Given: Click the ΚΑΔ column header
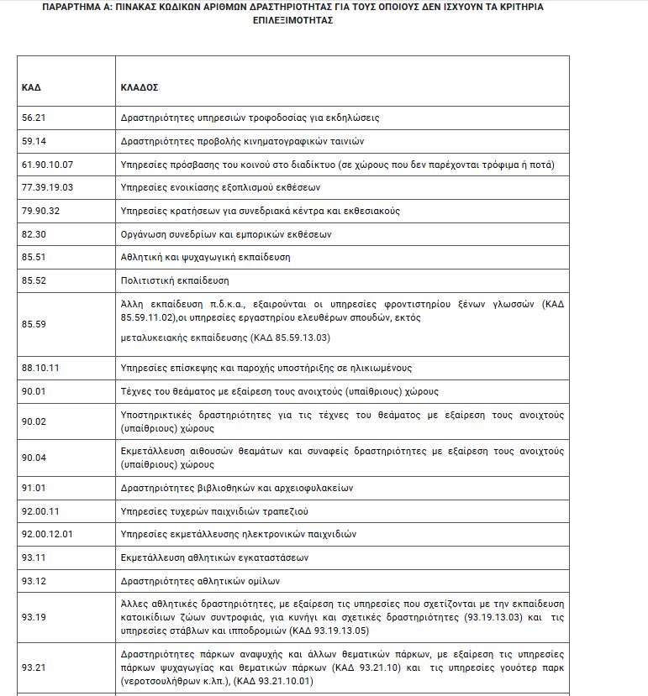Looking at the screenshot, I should (x=31, y=87).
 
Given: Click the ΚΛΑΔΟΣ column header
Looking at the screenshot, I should (x=140, y=87).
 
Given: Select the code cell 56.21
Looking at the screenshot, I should (x=34, y=118).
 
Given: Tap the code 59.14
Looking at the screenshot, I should (x=34, y=141).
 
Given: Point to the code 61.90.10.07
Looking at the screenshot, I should (x=48, y=165).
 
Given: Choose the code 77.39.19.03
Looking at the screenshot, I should (x=48, y=187).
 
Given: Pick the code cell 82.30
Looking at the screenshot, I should (x=34, y=234).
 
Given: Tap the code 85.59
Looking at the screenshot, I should (x=34, y=322).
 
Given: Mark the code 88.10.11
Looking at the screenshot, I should (x=40, y=368).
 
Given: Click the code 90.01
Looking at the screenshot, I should (x=34, y=391).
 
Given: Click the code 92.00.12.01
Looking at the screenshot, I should (x=48, y=533).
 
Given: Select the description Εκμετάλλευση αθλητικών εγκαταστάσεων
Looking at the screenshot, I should (x=215, y=557).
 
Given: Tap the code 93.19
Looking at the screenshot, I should (x=34, y=616).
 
